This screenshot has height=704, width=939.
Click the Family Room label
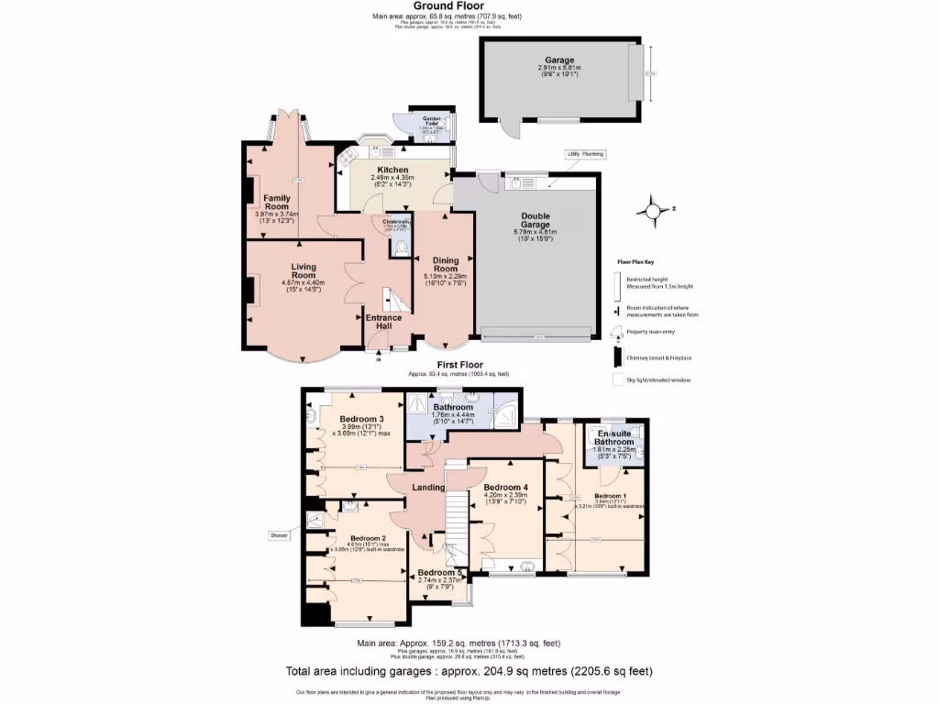point(277,202)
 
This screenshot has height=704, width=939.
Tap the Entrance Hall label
point(383,323)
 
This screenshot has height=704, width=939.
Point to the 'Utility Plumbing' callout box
point(585,155)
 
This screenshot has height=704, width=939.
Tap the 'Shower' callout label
point(279,534)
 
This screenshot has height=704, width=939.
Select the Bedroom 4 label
point(506,487)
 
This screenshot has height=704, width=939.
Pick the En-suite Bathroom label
point(615,437)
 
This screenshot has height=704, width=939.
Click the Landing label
point(428,488)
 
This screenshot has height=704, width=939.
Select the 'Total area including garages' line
point(469,671)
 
